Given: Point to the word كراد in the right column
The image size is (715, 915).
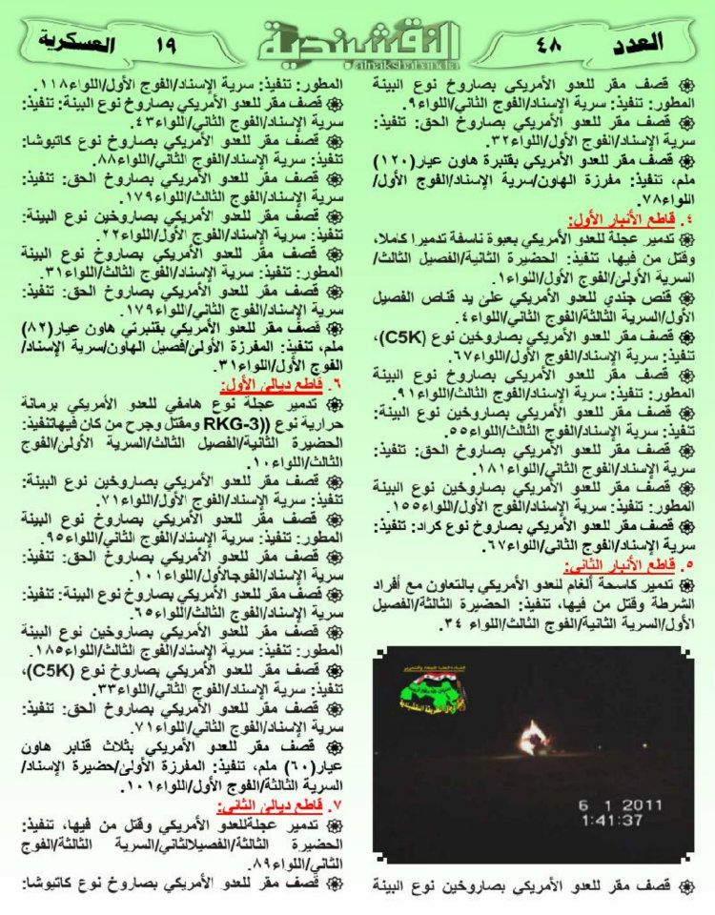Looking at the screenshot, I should coord(444,526).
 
